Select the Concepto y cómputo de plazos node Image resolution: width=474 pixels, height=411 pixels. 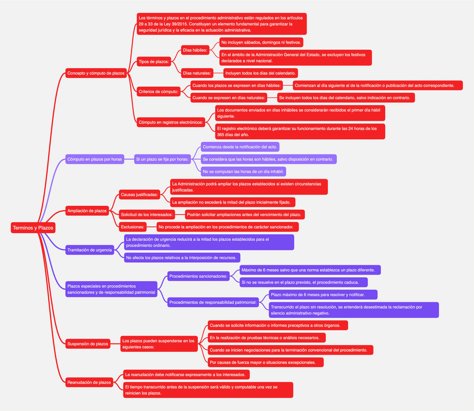pos(96,73)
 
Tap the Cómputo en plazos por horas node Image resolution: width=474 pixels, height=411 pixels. pos(94,159)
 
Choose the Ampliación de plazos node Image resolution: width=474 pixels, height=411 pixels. pos(87,211)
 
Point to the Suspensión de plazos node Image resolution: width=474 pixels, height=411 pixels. pos(87,343)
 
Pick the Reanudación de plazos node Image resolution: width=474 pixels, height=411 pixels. pos(89,382)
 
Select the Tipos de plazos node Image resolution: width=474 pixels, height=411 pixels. pos(154,62)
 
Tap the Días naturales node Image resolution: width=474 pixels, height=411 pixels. pos(197,73)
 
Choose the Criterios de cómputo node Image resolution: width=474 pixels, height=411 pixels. pos(158,91)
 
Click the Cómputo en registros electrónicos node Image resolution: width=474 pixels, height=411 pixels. pos(170,122)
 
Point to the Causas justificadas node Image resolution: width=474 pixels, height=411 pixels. pos(139,194)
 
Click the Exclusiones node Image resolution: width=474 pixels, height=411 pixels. pos(133,227)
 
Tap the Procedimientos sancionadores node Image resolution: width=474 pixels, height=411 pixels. pos(198,276)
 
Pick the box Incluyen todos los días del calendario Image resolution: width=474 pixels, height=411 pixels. pos(260,73)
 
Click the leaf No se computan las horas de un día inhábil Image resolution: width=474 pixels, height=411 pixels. pos(244,171)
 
